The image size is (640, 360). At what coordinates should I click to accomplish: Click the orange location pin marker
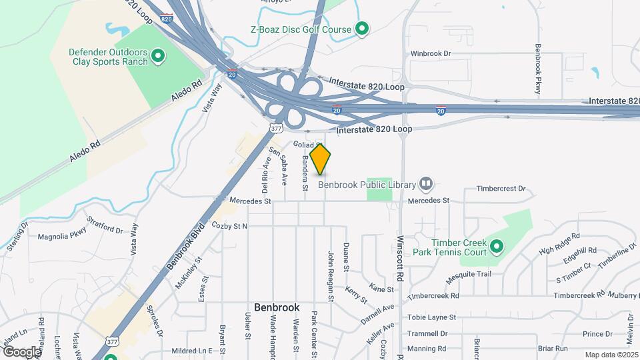tap(321, 159)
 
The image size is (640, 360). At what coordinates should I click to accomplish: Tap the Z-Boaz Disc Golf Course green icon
tap(362, 29)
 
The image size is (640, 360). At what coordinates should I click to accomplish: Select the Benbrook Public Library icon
tap(427, 184)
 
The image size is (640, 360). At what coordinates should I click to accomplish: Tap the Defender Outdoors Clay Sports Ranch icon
tap(158, 56)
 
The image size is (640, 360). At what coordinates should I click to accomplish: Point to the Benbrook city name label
tap(277, 308)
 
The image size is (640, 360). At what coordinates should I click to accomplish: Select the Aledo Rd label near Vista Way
tap(186, 92)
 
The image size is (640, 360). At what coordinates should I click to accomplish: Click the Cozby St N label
tap(229, 227)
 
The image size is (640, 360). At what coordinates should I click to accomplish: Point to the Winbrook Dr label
tap(431, 53)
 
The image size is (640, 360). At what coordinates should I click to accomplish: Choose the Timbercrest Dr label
tap(501, 189)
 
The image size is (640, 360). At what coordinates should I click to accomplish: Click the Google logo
tap(21, 351)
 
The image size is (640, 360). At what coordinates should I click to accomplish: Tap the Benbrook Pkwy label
tap(537, 69)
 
